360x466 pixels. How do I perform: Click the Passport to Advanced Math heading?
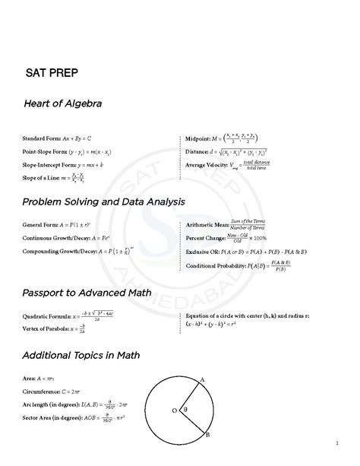pos(87,292)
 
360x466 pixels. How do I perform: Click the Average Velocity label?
pos(207,164)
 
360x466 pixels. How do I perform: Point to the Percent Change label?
pos(205,238)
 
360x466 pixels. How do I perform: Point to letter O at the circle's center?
pos(174,411)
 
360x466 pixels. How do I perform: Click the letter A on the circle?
pos(203,379)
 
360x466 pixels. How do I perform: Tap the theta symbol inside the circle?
pos(185,408)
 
